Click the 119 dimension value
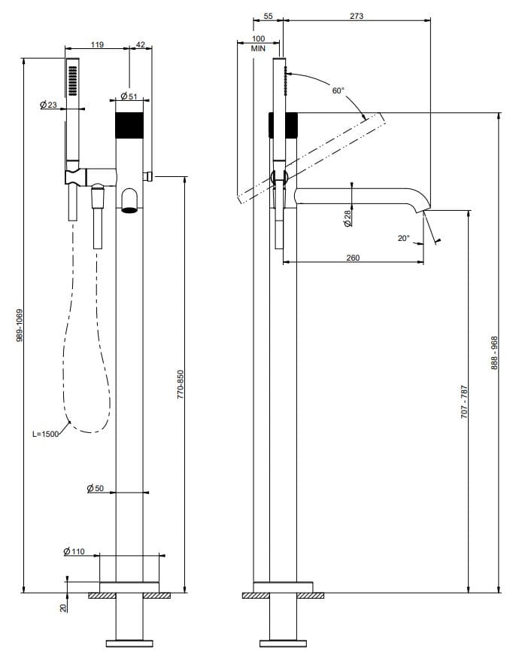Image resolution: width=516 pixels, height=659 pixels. (97, 45)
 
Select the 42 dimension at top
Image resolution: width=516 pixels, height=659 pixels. (140, 45)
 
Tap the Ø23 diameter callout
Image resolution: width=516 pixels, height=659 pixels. (48, 105)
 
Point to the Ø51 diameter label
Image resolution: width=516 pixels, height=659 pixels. (128, 96)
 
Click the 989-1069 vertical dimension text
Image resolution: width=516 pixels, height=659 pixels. (20, 325)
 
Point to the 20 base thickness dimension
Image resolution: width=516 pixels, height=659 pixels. (64, 605)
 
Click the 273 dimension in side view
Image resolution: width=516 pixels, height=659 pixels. (357, 16)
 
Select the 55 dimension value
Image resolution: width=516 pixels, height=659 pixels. (269, 16)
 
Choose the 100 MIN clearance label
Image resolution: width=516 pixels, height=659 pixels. (259, 43)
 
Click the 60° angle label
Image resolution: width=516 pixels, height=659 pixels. (338, 90)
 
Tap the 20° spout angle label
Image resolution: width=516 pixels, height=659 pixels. (403, 238)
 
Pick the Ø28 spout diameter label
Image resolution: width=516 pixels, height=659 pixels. (347, 218)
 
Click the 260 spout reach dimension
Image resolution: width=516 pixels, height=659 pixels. (352, 258)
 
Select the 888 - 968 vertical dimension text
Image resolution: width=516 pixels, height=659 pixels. (494, 352)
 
